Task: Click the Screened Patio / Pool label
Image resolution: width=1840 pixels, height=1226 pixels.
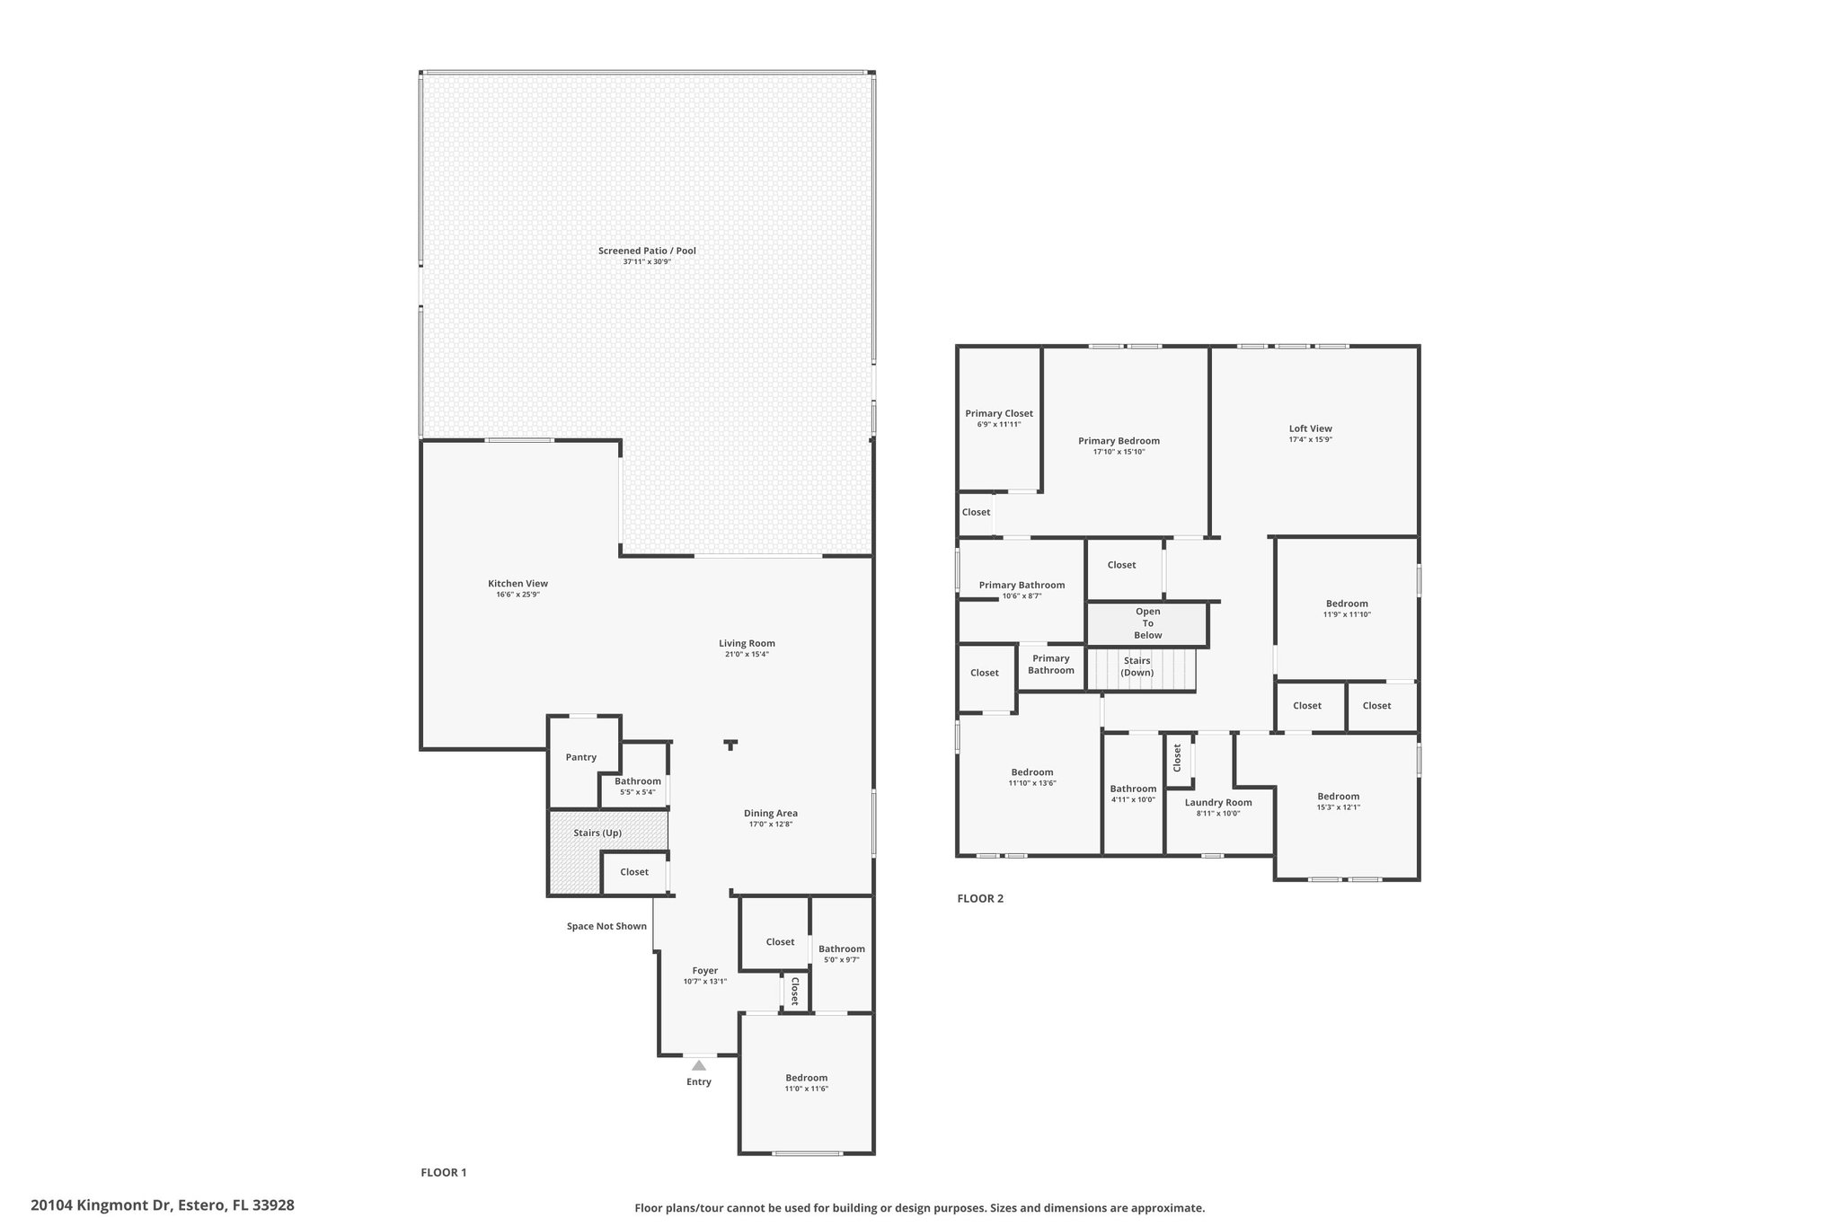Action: (647, 251)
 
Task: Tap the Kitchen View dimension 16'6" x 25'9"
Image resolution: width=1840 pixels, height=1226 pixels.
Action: (517, 595)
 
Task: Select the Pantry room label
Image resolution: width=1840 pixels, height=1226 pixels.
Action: (581, 757)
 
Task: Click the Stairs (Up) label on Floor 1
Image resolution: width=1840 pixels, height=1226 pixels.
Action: (597, 833)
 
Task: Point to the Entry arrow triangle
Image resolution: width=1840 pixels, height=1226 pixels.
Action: (699, 1065)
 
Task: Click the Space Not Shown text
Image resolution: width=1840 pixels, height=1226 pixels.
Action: (606, 926)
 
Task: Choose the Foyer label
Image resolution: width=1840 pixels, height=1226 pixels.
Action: (705, 970)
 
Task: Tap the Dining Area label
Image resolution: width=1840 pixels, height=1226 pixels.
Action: (771, 813)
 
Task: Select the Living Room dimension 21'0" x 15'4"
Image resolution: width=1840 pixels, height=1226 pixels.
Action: (747, 654)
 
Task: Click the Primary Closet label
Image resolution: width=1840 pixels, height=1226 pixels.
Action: (999, 413)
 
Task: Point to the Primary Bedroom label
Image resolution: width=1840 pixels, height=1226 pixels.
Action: (1119, 441)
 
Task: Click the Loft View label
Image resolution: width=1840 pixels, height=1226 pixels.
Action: (1310, 428)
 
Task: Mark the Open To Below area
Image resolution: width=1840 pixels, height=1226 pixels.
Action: (1147, 623)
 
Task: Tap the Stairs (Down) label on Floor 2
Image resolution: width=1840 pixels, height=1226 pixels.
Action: (1137, 666)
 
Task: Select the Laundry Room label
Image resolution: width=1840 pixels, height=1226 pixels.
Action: (1218, 802)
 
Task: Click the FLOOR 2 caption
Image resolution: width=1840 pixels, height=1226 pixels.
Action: (980, 898)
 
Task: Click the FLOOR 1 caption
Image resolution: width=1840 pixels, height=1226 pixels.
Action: (444, 1172)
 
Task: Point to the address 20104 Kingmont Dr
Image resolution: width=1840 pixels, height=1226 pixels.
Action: (101, 1205)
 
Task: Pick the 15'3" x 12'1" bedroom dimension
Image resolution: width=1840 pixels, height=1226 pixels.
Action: (1339, 807)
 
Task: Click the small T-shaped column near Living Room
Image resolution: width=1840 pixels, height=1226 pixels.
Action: (731, 745)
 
